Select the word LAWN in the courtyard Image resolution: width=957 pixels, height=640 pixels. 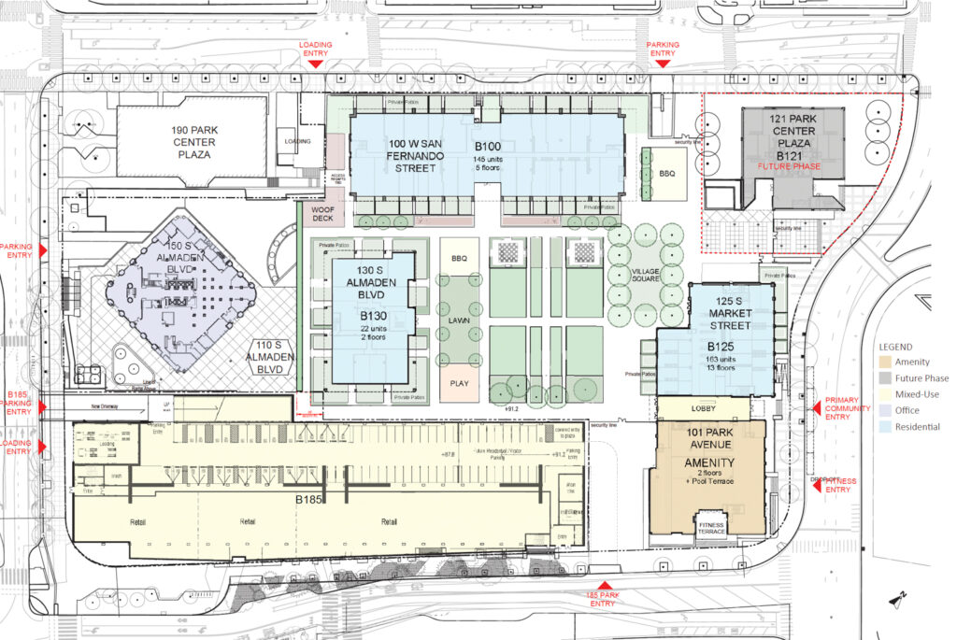click(x=458, y=320)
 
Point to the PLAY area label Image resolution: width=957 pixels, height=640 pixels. click(x=458, y=383)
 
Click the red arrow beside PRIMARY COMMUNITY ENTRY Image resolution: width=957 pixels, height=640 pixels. click(x=816, y=408)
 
